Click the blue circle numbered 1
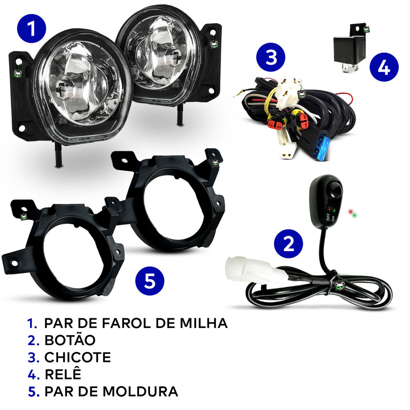[32, 28]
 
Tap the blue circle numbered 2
[288, 244]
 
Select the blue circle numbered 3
[271, 57]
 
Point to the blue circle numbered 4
[384, 67]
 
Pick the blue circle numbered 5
[150, 281]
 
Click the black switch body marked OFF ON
[326, 202]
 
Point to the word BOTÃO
[70, 340]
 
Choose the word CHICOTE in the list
[78, 357]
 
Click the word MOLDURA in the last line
[140, 392]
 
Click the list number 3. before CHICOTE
[34, 357]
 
